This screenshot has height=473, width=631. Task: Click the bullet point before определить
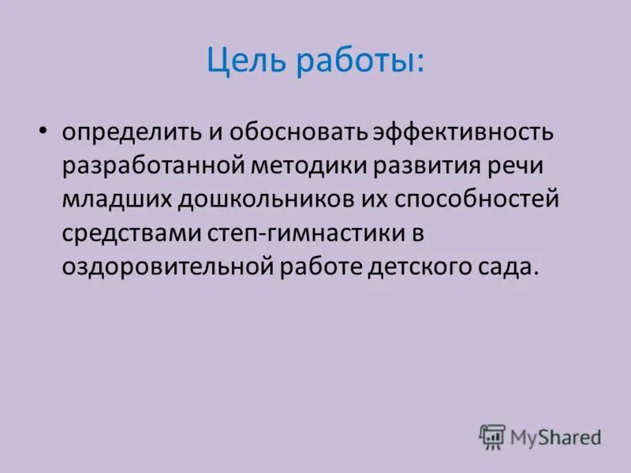[x=43, y=128]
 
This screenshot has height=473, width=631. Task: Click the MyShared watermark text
[x=555, y=436]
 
